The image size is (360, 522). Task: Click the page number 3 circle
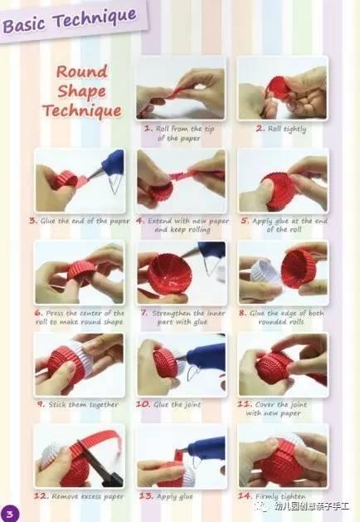[10, 514]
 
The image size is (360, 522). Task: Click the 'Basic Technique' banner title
[70, 20]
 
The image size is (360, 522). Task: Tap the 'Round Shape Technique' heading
[82, 91]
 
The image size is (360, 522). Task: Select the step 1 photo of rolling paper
[181, 88]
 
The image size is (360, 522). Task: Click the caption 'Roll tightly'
[281, 129]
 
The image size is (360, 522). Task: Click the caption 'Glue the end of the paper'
[80, 221]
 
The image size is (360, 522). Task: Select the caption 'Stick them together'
[78, 404]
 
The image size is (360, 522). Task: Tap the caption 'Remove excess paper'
[79, 496]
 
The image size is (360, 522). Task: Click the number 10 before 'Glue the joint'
[143, 404]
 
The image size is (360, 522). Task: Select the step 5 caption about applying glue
[284, 225]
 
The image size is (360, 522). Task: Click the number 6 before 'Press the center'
[39, 313]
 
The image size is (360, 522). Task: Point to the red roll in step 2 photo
[278, 89]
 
